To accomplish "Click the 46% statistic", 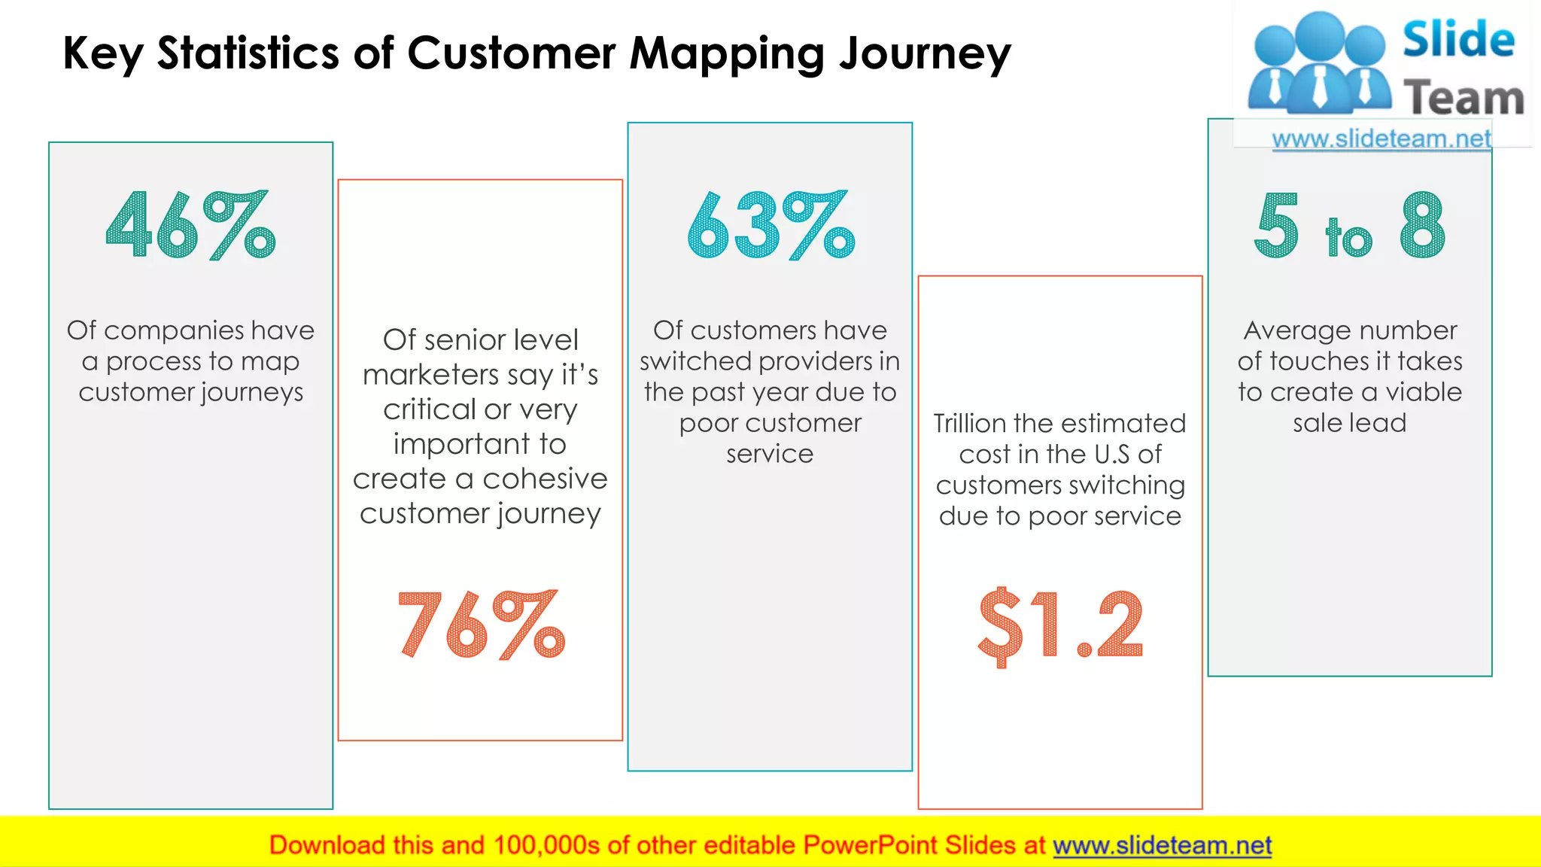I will coord(190,225).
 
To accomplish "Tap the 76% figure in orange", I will coord(481,625).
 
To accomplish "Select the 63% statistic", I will coord(770,225).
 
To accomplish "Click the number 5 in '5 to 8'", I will coord(1277,225).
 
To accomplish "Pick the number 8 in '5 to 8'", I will coord(1422,225).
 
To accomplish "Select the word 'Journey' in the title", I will coord(925,55).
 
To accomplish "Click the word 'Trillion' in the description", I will coord(970,423).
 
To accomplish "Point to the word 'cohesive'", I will coord(545,479).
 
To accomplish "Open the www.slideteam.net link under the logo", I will coord(1381,139).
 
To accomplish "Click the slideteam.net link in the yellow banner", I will coord(1162,845).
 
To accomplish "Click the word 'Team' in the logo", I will coord(1463,99).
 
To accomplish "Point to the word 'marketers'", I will coord(430,375).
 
